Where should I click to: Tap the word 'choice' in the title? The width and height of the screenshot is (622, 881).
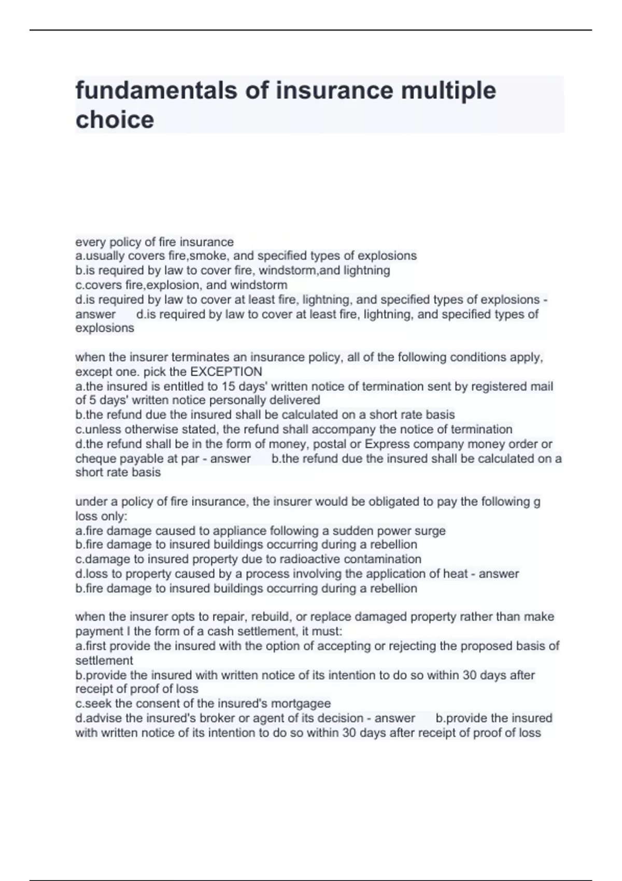click(115, 120)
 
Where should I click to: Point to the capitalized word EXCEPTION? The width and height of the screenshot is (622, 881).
click(227, 372)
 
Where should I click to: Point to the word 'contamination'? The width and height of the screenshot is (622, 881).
click(383, 559)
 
